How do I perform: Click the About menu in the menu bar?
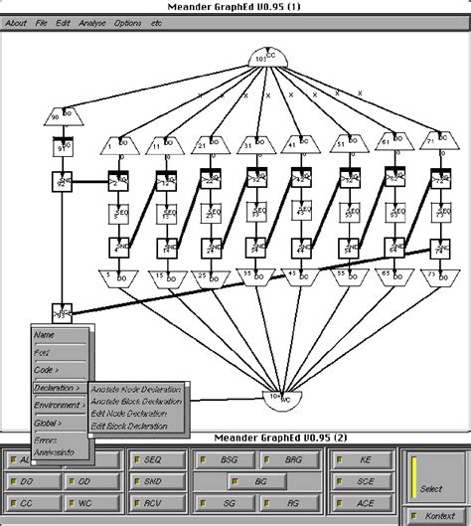pos(16,22)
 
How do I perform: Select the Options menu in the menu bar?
pos(127,22)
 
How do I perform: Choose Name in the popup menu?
pos(45,335)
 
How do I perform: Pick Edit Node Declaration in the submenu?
pos(129,414)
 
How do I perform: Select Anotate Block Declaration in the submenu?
pos(136,401)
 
